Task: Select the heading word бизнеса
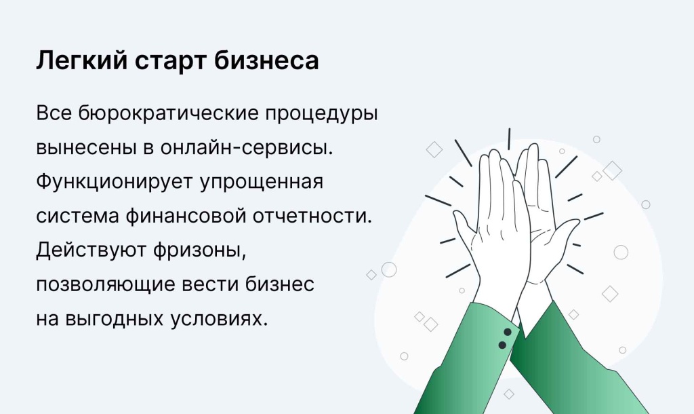[266, 60]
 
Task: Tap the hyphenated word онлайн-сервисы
[247, 147]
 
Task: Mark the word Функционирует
[115, 182]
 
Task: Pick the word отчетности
[312, 217]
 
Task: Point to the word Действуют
[91, 250]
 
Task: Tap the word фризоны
[200, 251]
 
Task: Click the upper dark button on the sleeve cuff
[508, 332]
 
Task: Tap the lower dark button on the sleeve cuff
[502, 345]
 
